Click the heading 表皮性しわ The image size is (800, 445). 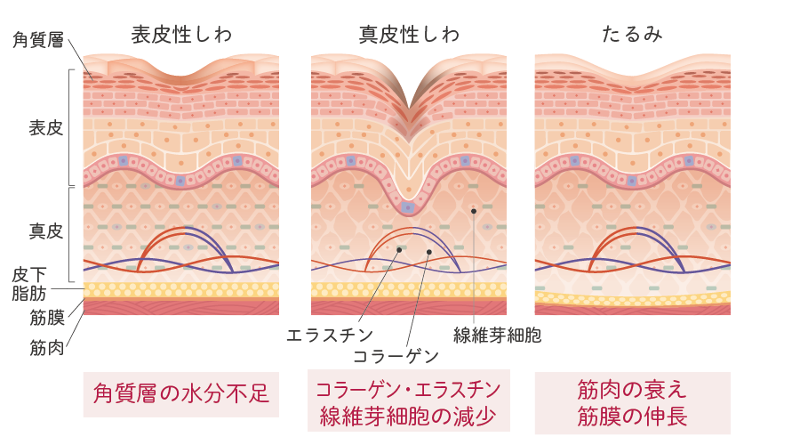pos(181,35)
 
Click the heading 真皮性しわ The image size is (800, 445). pos(409,35)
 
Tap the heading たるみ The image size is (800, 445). pos(632,35)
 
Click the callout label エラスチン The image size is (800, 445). pos(324,335)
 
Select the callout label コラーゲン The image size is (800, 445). pos(396,356)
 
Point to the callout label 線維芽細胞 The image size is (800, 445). pos(497,335)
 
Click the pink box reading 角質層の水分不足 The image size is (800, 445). pos(180,393)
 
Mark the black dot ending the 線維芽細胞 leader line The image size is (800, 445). pos(474,211)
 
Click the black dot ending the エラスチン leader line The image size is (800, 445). pos(399,250)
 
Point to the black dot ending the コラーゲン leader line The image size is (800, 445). pos(429,253)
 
